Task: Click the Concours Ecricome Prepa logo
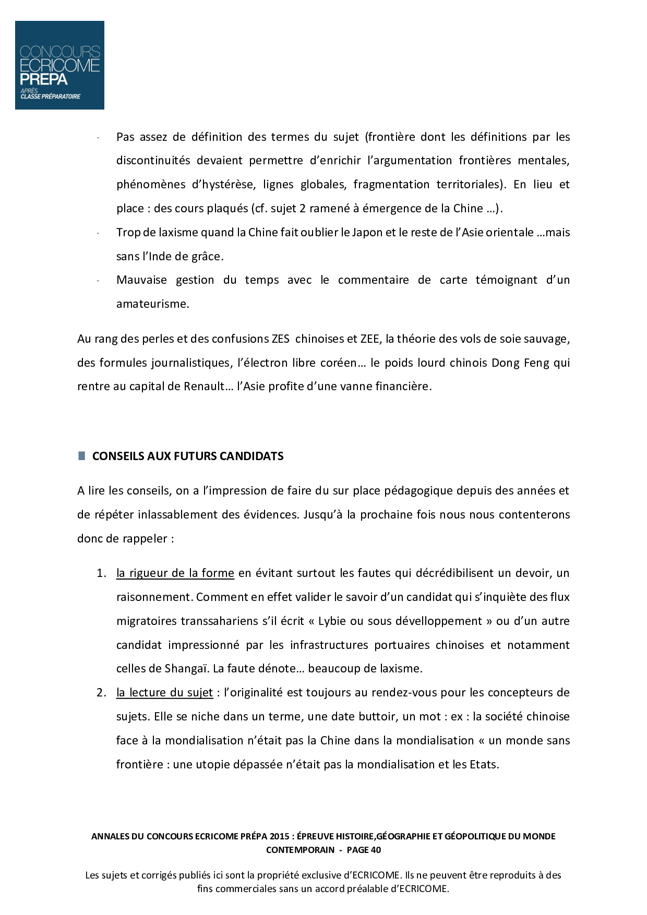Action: click(59, 65)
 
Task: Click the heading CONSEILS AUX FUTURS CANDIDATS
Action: click(188, 456)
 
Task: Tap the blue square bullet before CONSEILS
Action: click(81, 456)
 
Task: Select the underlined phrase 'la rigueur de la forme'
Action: click(175, 573)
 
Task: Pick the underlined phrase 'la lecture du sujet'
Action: click(164, 693)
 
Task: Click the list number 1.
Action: click(101, 573)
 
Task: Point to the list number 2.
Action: click(101, 693)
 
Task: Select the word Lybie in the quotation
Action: click(332, 621)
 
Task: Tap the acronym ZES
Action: click(280, 339)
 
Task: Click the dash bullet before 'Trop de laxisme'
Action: click(98, 233)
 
